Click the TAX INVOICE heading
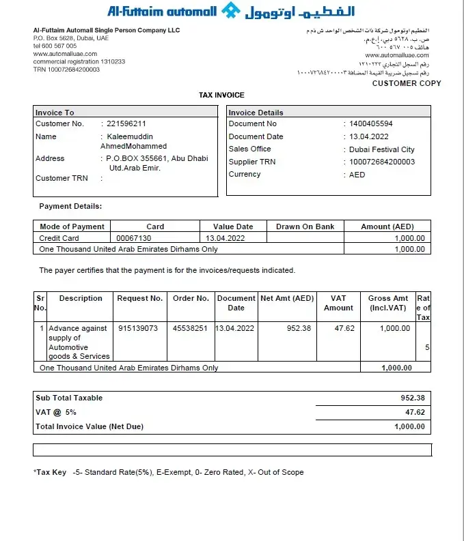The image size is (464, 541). [221, 95]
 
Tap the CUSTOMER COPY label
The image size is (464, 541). [407, 83]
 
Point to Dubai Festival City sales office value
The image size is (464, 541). [381, 149]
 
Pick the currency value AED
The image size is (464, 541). [357, 175]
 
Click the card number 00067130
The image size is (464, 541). [134, 238]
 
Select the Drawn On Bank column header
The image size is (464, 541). [305, 226]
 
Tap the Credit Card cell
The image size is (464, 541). [59, 238]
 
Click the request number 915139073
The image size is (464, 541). [138, 328]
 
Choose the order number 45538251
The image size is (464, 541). [190, 328]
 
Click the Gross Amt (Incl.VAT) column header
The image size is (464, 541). [387, 303]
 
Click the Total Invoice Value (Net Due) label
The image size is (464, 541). [90, 426]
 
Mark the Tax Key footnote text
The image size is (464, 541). [168, 472]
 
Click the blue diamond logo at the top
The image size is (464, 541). [232, 11]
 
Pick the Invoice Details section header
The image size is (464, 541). [256, 113]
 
